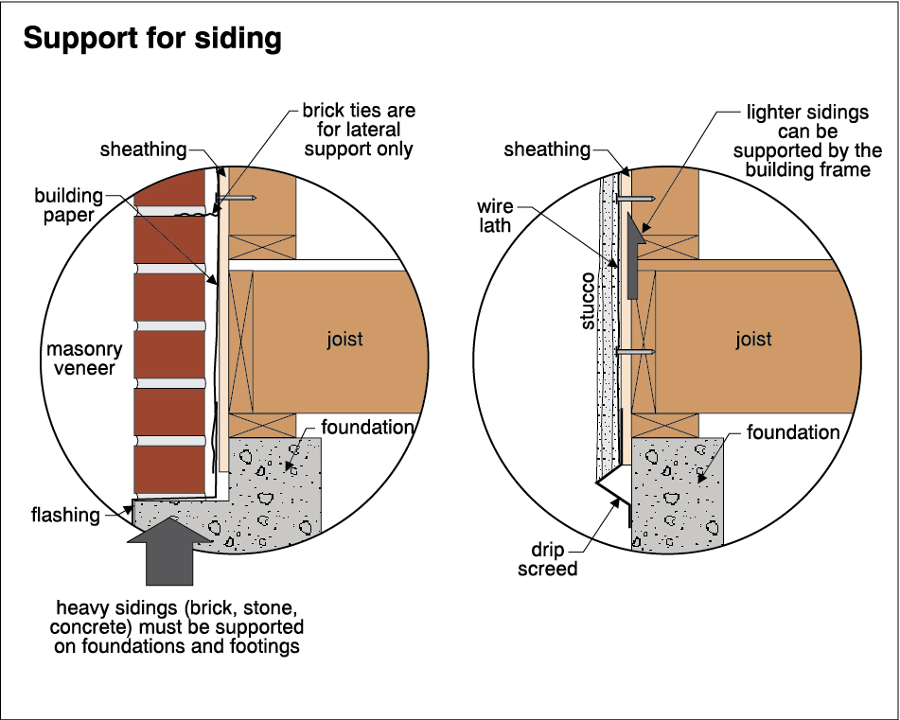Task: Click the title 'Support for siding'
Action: pyautogui.click(x=152, y=39)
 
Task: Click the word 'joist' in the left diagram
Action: pyautogui.click(x=344, y=339)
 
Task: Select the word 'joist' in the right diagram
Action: pyautogui.click(x=753, y=339)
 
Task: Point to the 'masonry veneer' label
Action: pyautogui.click(x=79, y=359)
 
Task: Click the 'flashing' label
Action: pyautogui.click(x=65, y=515)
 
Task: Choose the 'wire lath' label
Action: pyautogui.click(x=495, y=217)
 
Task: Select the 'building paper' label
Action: pyautogui.click(x=68, y=205)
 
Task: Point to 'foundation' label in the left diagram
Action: pyautogui.click(x=368, y=427)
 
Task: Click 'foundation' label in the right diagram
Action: pyautogui.click(x=793, y=432)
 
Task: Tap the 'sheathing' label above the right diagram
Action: pyautogui.click(x=547, y=149)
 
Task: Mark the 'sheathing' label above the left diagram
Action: pyautogui.click(x=144, y=149)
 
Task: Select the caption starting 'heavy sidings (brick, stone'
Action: pyautogui.click(x=180, y=626)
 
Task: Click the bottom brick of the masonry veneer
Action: pyautogui.click(x=169, y=469)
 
